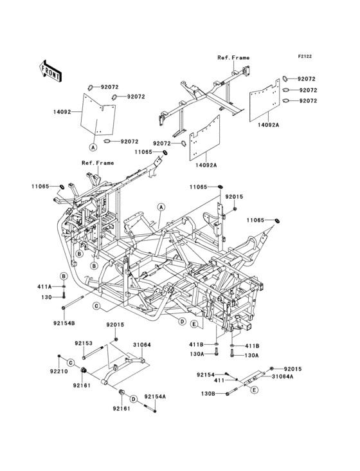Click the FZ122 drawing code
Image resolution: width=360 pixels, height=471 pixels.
pos(305,56)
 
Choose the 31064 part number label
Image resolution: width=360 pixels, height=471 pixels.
pos(142,344)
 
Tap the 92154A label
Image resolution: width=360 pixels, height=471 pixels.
pos(155,396)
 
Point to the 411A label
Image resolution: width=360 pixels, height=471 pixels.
pos(44,286)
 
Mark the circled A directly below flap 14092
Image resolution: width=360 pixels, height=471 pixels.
pos(93,147)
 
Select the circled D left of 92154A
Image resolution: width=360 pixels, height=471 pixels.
pos(134,399)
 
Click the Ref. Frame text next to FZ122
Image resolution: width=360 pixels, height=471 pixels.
pos(233,58)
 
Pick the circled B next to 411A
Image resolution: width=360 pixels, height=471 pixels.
pos(64,276)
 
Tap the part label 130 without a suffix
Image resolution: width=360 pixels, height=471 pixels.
pos(47,297)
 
